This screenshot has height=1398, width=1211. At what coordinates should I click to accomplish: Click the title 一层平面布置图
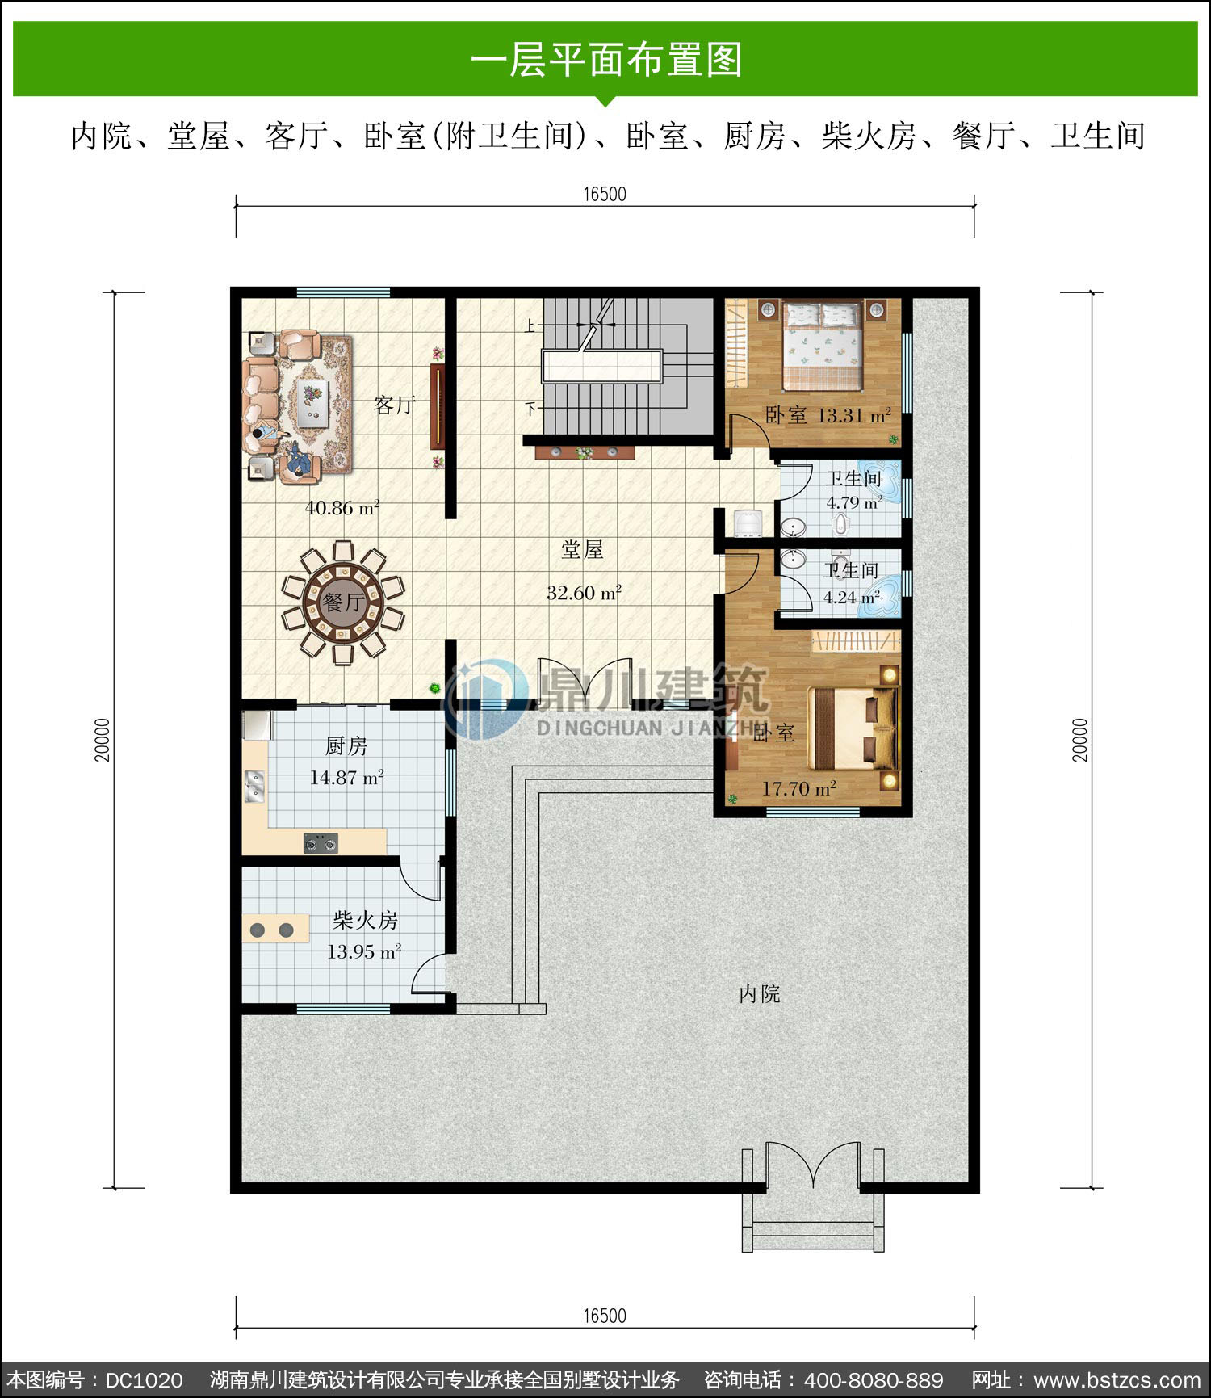coord(605,60)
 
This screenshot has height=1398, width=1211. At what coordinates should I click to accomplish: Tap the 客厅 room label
coord(395,405)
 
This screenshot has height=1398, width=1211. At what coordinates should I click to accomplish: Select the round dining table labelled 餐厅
coord(343,602)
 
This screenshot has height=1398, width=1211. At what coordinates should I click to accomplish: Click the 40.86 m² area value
coord(342,508)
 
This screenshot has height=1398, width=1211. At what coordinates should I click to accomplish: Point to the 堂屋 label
coord(582,550)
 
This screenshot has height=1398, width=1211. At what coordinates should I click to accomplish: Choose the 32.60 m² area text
coord(584,593)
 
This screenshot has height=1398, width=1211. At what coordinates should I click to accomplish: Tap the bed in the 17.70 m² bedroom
coord(854,728)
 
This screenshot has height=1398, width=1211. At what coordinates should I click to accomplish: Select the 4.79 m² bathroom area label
coord(854,502)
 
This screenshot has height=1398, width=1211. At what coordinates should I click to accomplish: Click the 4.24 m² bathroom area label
coord(852,598)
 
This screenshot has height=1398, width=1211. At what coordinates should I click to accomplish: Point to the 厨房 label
coord(346,746)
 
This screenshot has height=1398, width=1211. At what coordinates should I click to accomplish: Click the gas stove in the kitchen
coord(321,843)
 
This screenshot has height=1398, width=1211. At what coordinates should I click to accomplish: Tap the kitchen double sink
coord(254,787)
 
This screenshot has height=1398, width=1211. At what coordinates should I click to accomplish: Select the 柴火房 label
coord(365,920)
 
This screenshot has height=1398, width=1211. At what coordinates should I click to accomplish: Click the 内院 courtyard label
coord(760,994)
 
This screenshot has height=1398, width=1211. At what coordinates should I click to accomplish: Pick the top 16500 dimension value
coord(605,194)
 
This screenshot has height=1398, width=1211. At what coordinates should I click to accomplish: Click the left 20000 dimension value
coord(102,740)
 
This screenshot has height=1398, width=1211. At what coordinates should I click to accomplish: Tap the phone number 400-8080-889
coord(874,1379)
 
